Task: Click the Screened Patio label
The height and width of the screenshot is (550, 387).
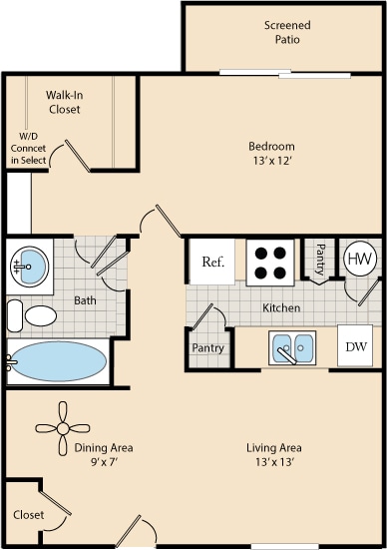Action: [x=286, y=32]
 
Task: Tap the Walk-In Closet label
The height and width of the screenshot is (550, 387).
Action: [x=64, y=102]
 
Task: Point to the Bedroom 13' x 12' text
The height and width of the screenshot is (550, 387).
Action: [x=271, y=154]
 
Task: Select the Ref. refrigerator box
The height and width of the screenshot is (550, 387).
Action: [x=212, y=263]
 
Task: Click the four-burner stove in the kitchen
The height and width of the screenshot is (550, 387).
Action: [x=268, y=262]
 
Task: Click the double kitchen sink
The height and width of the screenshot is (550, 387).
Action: [x=292, y=348]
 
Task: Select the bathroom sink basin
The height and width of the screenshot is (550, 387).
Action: [x=30, y=266]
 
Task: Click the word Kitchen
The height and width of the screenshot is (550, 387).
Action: [x=281, y=308]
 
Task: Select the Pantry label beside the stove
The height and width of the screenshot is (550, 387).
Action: [x=321, y=262]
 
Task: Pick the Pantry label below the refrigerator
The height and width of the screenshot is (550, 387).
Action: [x=208, y=348]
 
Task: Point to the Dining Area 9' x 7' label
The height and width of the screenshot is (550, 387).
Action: [x=104, y=454]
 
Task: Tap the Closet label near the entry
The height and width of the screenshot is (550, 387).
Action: [x=28, y=515]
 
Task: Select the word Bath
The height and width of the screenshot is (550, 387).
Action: [x=84, y=298]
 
